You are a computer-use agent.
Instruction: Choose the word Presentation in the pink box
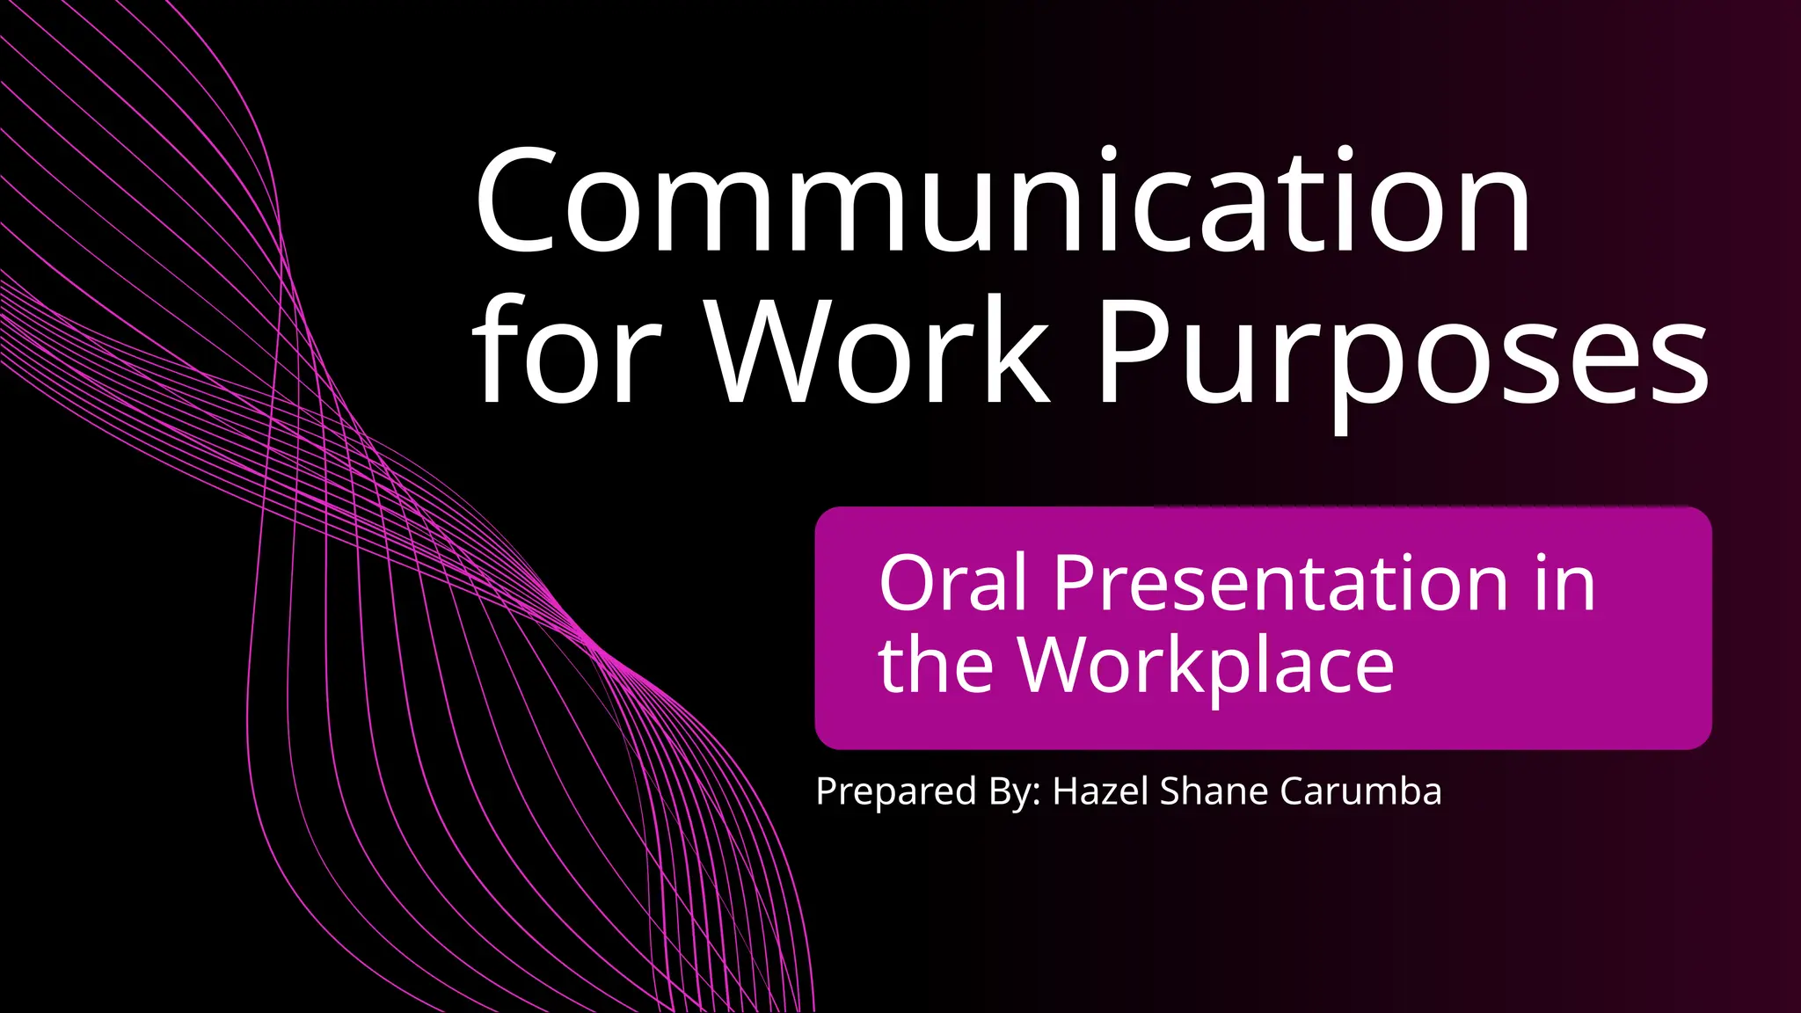tap(1280, 584)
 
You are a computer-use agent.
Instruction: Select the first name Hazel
tap(1101, 791)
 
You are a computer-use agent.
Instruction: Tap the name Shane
tap(1214, 791)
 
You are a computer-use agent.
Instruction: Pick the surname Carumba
tap(1360, 791)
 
